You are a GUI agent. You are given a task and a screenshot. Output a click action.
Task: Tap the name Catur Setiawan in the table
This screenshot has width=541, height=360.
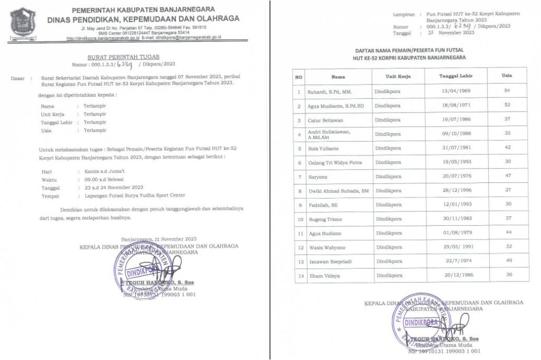(x=325, y=120)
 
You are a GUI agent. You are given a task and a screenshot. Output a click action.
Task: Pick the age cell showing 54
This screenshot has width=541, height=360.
(x=507, y=91)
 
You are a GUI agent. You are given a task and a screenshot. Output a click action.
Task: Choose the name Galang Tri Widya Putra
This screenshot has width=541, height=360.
(x=335, y=162)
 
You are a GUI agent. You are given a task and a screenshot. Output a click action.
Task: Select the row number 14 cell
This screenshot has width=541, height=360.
(x=299, y=275)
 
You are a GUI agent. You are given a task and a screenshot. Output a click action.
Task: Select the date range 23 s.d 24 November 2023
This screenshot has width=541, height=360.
(x=110, y=187)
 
